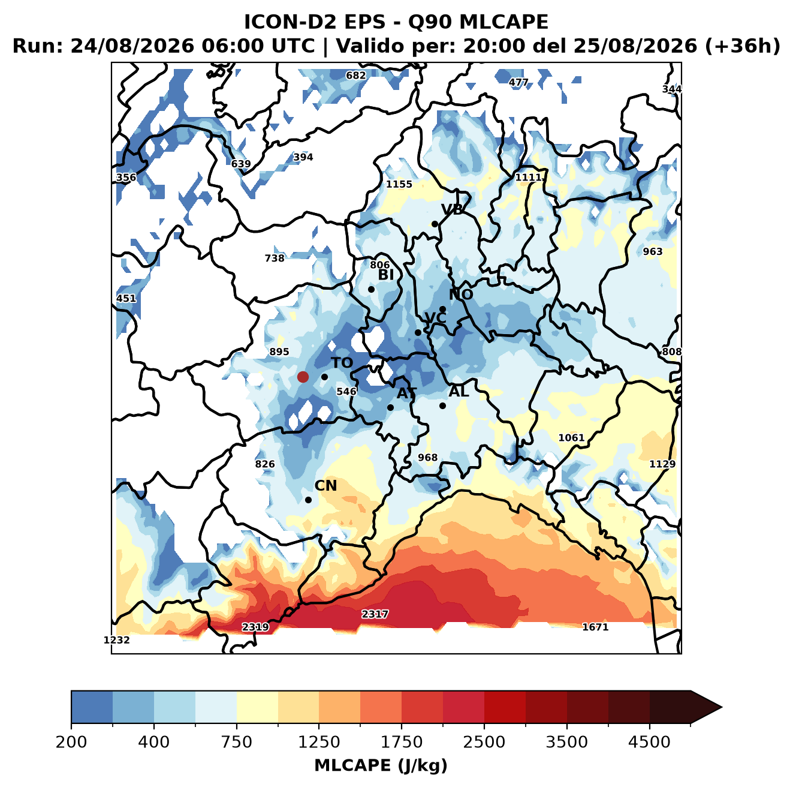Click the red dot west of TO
click(303, 377)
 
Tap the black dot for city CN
click(308, 500)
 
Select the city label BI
click(385, 275)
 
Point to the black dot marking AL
click(442, 405)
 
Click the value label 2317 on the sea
click(375, 614)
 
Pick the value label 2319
click(255, 627)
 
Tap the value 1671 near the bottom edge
click(595, 627)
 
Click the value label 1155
click(399, 184)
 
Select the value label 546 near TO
click(346, 391)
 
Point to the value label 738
click(275, 258)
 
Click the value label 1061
click(571, 438)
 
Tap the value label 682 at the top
click(355, 76)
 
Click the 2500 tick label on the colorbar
click(484, 741)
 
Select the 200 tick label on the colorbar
click(71, 741)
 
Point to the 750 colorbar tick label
click(236, 741)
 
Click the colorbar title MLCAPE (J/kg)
click(381, 765)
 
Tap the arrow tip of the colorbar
click(722, 707)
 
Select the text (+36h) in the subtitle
click(743, 46)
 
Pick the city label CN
click(325, 486)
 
